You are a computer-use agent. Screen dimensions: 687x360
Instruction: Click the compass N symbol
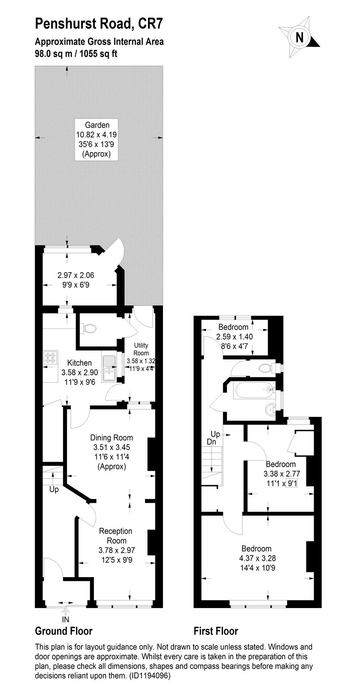(300, 37)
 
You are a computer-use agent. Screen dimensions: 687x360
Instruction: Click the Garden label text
(97, 125)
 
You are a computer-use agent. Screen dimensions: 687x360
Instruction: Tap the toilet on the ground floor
(88, 328)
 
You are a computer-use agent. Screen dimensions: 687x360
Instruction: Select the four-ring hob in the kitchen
(51, 358)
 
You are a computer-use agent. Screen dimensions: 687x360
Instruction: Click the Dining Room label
(112, 438)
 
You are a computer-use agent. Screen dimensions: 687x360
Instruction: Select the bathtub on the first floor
(253, 391)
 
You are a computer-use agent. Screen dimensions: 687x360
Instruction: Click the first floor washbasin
(270, 410)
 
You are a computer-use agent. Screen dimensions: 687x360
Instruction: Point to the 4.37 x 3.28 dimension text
(256, 559)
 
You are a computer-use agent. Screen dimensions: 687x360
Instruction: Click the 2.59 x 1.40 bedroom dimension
(233, 337)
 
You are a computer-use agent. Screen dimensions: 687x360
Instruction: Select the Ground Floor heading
(64, 631)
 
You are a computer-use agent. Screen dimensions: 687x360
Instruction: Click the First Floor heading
(216, 631)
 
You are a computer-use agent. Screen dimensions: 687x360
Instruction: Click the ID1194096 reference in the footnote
(150, 676)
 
